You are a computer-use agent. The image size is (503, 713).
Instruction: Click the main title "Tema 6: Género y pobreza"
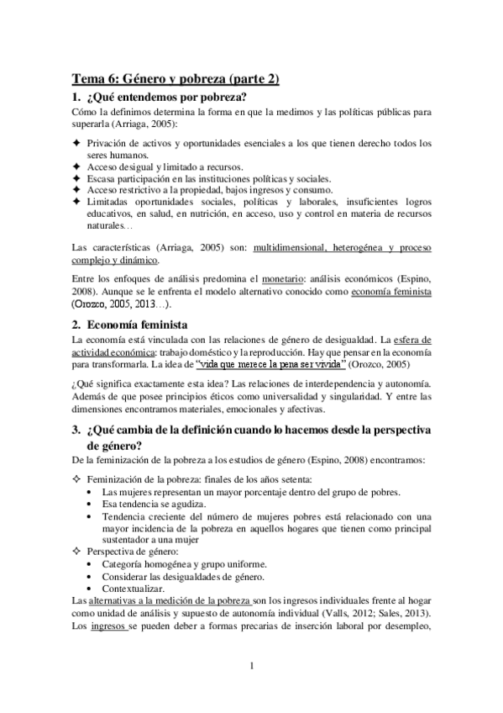175,79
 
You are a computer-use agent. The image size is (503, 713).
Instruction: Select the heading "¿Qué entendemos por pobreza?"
166,98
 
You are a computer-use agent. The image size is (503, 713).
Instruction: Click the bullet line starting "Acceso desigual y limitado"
159,166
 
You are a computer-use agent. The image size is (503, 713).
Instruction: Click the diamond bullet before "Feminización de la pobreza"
77,478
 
